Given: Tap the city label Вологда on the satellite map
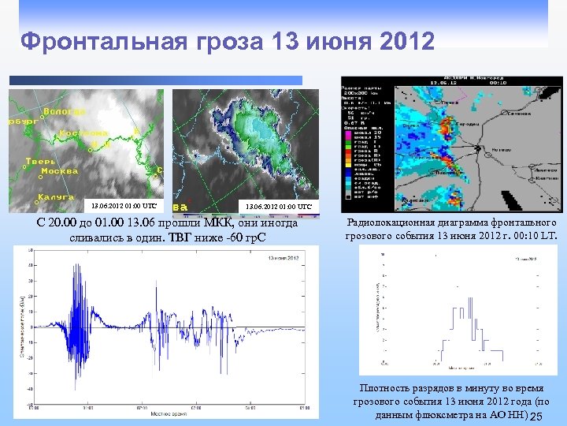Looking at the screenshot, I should tap(65, 112).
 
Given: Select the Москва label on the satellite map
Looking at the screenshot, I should tap(59, 170).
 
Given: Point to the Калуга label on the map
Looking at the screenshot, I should tap(56, 196).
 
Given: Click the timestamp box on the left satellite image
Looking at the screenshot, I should tap(123, 206).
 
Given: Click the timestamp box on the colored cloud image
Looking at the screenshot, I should tap(280, 206).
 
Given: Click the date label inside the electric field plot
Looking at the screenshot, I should tap(284, 259).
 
